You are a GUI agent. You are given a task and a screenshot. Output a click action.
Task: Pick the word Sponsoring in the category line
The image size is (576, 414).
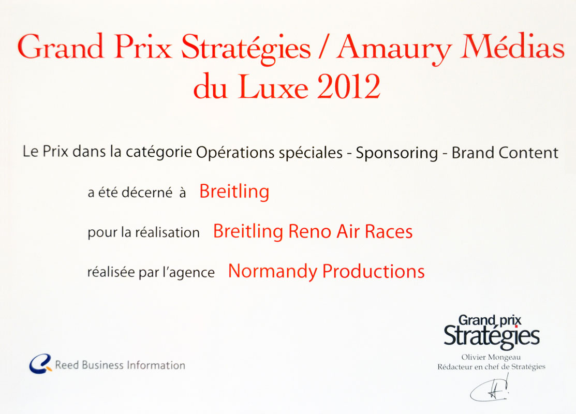[397, 153]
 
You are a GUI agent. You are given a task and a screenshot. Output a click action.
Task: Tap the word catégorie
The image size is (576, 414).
[159, 152]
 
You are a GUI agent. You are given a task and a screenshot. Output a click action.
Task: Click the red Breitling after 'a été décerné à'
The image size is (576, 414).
[234, 191]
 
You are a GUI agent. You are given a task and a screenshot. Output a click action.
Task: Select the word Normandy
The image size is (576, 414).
[273, 272]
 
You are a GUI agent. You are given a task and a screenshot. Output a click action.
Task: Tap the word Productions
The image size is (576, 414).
[373, 272]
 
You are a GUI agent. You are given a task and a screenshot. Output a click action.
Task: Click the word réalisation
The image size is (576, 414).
[167, 232]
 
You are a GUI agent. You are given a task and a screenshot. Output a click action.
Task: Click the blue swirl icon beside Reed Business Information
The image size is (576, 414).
[40, 364]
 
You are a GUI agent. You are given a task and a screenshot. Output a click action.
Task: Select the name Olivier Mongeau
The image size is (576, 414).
[491, 357]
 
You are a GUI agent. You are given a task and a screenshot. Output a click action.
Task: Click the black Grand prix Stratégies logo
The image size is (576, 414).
[492, 331]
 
